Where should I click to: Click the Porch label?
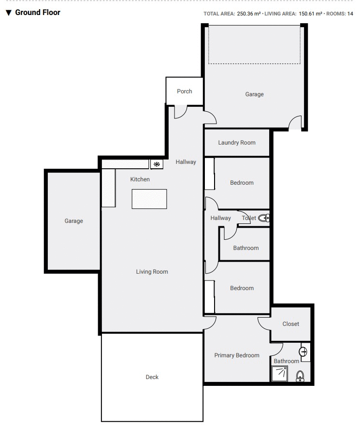pyautogui.click(x=184, y=91)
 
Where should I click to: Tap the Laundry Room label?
pyautogui.click(x=236, y=143)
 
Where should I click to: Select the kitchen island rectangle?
pyautogui.click(x=149, y=199)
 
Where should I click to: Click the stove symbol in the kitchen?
pyautogui.click(x=157, y=164)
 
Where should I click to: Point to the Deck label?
pyautogui.click(x=152, y=377)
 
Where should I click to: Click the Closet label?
pyautogui.click(x=291, y=324)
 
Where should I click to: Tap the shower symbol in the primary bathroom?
pyautogui.click(x=279, y=374)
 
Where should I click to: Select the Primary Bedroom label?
pyautogui.click(x=237, y=355)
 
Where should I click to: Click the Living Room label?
pyautogui.click(x=152, y=272)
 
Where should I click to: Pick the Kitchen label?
pyautogui.click(x=140, y=179)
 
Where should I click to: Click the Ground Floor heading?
pyautogui.click(x=38, y=13)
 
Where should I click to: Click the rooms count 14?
pyautogui.click(x=350, y=14)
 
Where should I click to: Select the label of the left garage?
pyautogui.click(x=74, y=221)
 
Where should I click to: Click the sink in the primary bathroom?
pyautogui.click(x=303, y=352)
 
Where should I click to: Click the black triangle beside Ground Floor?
pyautogui.click(x=8, y=13)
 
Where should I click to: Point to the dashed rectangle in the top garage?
pyautogui.click(x=254, y=45)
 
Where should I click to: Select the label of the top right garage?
pyautogui.click(x=254, y=94)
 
